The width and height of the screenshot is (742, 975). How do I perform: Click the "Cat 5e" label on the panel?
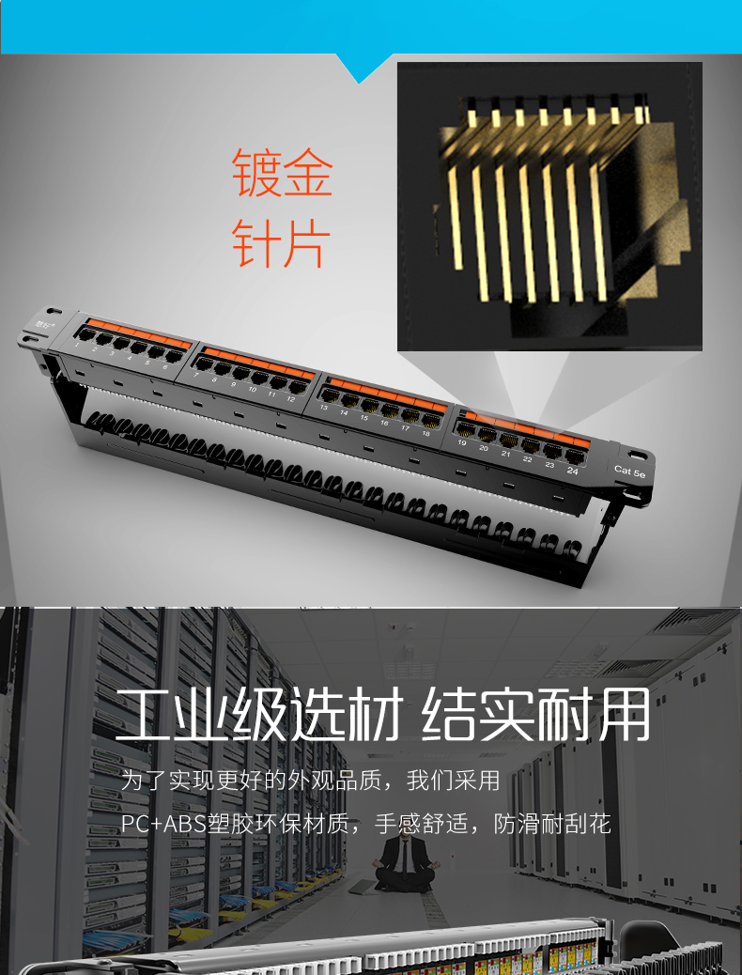coord(629,471)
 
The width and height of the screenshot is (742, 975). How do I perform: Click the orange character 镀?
coord(257,173)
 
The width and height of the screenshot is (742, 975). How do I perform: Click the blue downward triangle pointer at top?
coord(363,68)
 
